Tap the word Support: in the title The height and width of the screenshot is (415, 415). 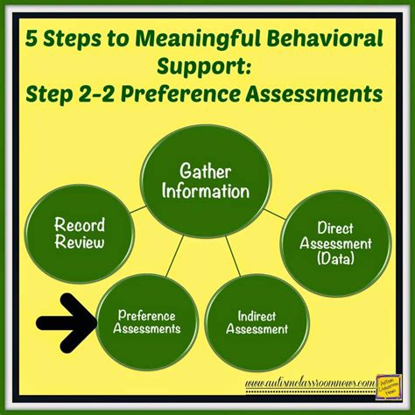tap(207, 67)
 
